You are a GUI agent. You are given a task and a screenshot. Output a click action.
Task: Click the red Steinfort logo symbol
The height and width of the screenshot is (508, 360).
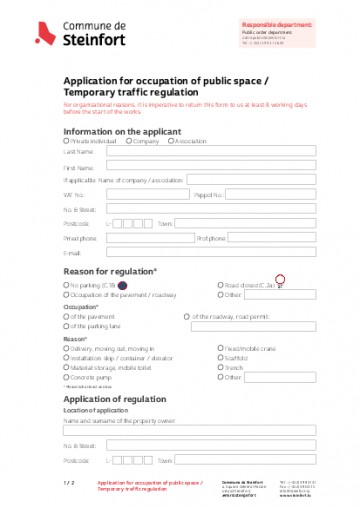coord(43,36)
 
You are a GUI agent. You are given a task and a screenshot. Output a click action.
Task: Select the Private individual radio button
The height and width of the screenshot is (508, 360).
coord(67,141)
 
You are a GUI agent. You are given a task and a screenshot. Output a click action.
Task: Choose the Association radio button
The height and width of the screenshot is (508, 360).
coord(172,141)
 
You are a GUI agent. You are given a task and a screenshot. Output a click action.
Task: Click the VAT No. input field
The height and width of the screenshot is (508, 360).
coord(136,195)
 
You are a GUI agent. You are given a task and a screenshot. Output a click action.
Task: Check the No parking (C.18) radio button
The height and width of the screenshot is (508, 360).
coord(67,285)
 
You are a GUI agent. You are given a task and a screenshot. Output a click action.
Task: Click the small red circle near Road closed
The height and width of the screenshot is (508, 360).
coord(280,279)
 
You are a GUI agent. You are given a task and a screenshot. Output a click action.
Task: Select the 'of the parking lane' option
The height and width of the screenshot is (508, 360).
coord(67,326)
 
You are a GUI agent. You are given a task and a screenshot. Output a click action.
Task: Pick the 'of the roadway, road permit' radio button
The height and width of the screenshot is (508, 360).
coord(186,317)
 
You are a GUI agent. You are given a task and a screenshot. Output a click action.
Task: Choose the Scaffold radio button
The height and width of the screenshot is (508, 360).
coord(220,357)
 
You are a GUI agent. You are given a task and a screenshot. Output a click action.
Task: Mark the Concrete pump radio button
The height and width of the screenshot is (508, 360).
coord(67,377)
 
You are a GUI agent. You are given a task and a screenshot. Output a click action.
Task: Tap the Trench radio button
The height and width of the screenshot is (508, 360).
coord(220,367)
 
